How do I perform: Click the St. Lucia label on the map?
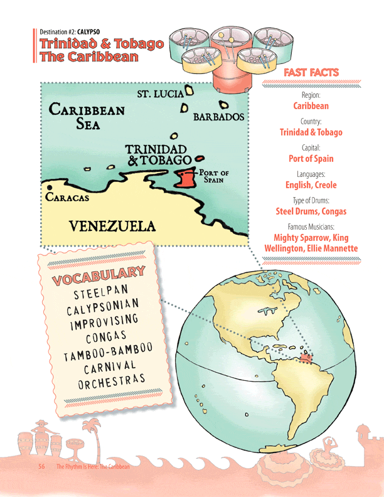coord(160,94)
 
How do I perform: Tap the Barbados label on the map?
coord(218,117)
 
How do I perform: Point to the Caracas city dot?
coord(49,188)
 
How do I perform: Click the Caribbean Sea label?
coord(87,116)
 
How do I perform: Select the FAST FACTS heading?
coord(311,73)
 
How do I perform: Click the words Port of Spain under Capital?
coord(311,159)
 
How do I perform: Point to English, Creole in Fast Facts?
coord(311,185)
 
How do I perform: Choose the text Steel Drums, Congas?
coord(311,211)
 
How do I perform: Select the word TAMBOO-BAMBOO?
coord(108,353)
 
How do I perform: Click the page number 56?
coord(41,467)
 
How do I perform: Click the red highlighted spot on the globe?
coord(306,358)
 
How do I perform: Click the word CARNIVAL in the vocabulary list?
coord(110,366)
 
